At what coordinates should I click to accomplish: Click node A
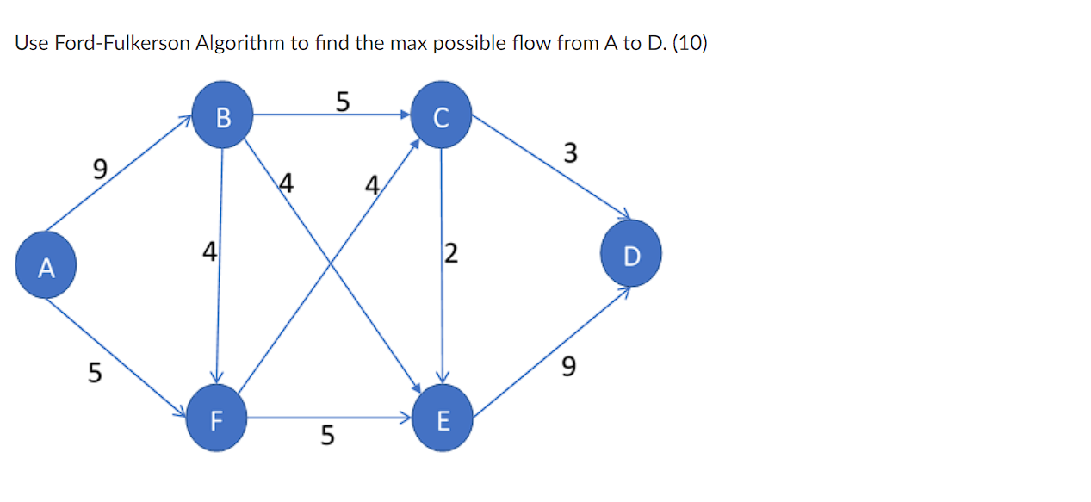point(46,265)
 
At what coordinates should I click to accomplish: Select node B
point(222,115)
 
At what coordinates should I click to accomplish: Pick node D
point(631,253)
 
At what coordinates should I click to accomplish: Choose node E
point(443,418)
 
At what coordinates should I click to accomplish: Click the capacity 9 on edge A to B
point(101,169)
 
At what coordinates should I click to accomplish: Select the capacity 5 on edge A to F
point(95,373)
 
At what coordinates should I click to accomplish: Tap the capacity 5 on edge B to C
point(343,102)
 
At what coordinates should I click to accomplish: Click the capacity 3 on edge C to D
point(569,153)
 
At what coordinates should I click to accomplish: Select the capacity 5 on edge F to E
point(326,436)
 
